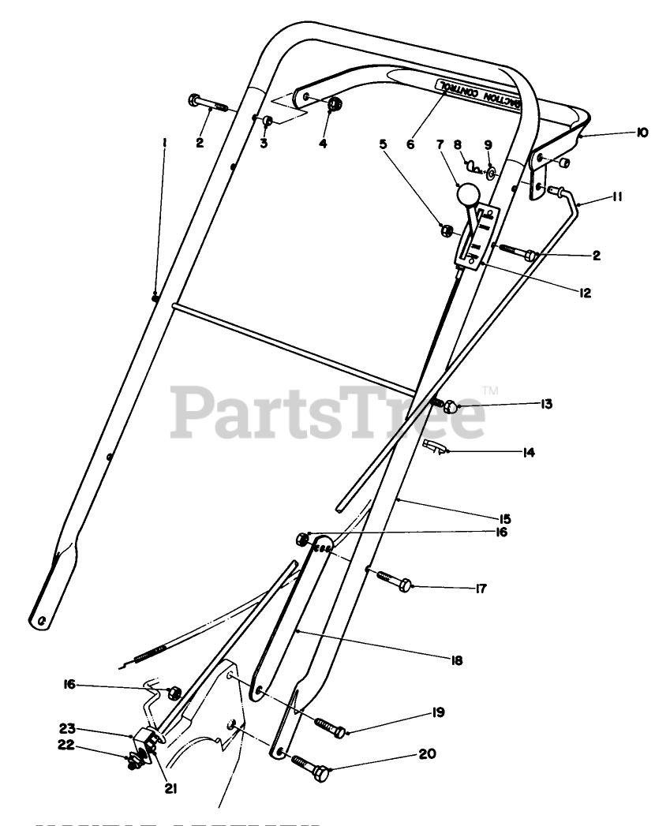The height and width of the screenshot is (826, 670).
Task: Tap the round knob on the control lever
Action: tap(467, 194)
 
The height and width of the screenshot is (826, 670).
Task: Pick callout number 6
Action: tap(410, 144)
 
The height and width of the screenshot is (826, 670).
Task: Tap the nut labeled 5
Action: tap(446, 230)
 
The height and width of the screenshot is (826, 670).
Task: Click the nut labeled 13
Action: tap(449, 406)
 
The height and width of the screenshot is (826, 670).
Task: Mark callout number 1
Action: tap(164, 143)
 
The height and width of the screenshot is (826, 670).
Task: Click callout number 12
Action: tap(585, 291)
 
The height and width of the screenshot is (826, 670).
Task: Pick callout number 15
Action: tap(505, 518)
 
